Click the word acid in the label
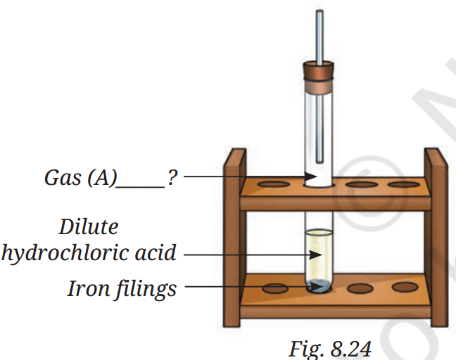pos(154,252)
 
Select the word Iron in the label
pos(87,288)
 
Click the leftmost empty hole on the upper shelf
pos(274,186)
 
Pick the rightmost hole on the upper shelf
pos(403,186)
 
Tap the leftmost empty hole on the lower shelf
pos(274,288)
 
